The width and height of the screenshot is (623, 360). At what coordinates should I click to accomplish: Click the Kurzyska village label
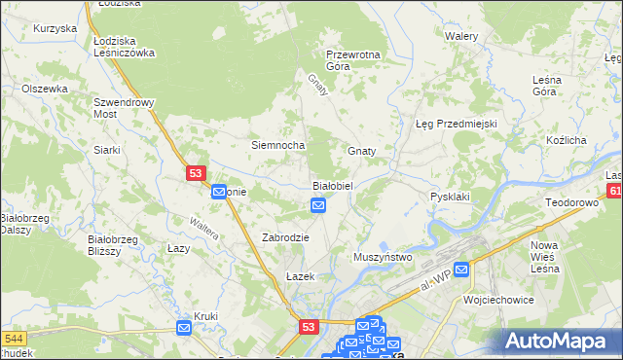55,28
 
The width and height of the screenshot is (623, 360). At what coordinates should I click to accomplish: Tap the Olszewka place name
44,89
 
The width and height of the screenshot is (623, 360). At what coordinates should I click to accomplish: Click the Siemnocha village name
278,145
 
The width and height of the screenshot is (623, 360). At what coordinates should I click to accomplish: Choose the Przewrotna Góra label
352,60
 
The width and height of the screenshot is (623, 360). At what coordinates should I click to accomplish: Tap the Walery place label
460,36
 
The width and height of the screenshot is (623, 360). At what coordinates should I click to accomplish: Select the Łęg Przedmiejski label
457,124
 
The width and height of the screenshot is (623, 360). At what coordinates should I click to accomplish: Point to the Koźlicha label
567,140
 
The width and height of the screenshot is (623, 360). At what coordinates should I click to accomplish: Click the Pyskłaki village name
451,197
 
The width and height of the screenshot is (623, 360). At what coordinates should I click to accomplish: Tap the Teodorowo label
570,202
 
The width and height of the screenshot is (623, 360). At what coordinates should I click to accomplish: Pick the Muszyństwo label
384,257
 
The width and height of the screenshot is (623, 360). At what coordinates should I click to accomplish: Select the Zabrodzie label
286,237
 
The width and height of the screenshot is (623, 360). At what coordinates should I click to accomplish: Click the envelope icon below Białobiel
318,205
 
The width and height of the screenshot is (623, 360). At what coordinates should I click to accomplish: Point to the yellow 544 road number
13,338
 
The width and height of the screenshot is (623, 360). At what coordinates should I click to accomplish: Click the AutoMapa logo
562,341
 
